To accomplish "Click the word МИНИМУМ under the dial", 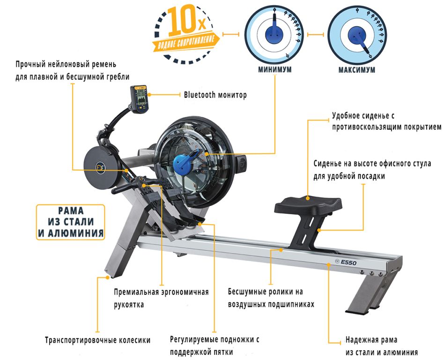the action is pos(274,69).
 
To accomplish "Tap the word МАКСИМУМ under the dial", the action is pos(357,70).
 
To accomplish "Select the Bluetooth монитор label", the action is pos(215,95).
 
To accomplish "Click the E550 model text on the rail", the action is pos(348,262).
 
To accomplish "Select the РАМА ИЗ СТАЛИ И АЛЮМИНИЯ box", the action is pos(71,222).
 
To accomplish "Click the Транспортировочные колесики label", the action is pos(98,340).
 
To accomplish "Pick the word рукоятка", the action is pos(129,305).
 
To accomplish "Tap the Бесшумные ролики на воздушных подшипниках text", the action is pos(271,298).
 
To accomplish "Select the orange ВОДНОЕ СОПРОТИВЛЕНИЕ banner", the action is pos(185,43).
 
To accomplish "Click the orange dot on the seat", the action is pos(308,198).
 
